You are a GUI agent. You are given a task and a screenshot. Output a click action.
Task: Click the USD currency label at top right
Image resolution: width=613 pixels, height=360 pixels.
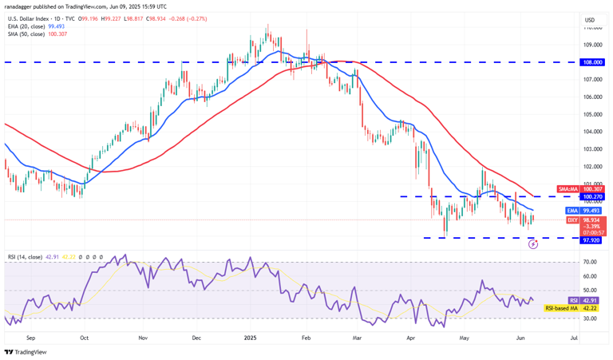click(x=590, y=20)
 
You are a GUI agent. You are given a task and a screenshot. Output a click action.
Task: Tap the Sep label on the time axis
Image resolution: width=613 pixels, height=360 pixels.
click(x=30, y=338)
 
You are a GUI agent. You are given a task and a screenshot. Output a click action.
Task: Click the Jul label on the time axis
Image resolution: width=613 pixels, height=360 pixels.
click(x=574, y=338)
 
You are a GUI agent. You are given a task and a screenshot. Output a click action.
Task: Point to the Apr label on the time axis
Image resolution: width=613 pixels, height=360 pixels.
click(x=410, y=338)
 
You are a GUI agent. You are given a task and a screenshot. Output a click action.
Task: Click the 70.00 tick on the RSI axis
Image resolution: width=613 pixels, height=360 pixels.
click(x=591, y=262)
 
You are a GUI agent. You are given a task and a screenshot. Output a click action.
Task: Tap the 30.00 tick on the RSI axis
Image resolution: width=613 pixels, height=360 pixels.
click(x=591, y=318)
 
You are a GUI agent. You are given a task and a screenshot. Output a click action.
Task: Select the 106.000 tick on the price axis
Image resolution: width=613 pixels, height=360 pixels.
click(x=592, y=97)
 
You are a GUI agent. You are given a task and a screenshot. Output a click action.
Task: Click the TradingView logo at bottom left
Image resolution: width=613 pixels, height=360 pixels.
click(x=26, y=351)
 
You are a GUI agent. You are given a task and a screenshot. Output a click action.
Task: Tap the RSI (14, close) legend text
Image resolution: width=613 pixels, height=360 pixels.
click(x=24, y=257)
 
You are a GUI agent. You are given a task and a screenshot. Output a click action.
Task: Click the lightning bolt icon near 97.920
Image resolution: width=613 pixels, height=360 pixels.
click(x=533, y=243)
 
